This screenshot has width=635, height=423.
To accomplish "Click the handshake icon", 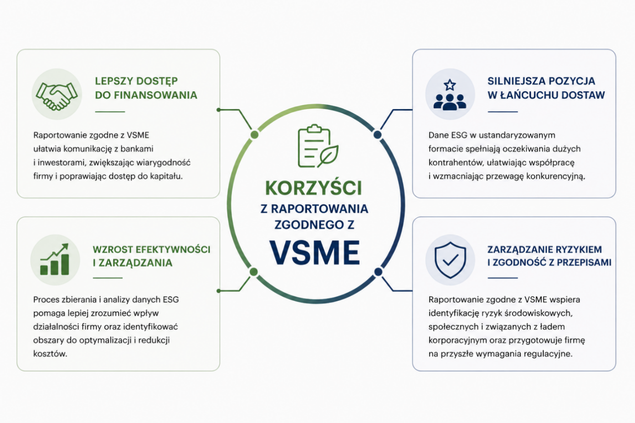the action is (x=57, y=96).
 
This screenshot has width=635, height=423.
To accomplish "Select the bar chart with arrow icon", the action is (x=55, y=259).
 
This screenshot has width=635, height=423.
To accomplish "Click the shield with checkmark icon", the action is (x=450, y=260).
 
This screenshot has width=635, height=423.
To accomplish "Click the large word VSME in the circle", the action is (x=315, y=252).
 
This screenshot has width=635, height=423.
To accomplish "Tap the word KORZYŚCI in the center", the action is (x=313, y=188).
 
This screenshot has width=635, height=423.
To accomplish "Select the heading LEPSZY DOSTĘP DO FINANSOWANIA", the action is (x=146, y=88).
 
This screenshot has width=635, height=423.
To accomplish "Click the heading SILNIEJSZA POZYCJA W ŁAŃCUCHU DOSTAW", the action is (x=546, y=88).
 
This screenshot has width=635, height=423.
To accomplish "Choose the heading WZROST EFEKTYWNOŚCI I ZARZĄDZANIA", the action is (x=152, y=256).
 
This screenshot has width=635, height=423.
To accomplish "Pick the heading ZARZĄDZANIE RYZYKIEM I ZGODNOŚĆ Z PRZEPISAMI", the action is (x=549, y=256).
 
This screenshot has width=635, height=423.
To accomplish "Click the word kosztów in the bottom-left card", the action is (x=50, y=353).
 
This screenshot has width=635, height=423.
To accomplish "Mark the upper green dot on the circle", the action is (x=255, y=135).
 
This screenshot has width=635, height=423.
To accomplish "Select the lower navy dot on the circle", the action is (x=378, y=272).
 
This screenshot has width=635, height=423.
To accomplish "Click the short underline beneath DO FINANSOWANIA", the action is (x=110, y=112).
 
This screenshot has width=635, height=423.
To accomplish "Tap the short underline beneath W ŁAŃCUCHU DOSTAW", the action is (x=503, y=112).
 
